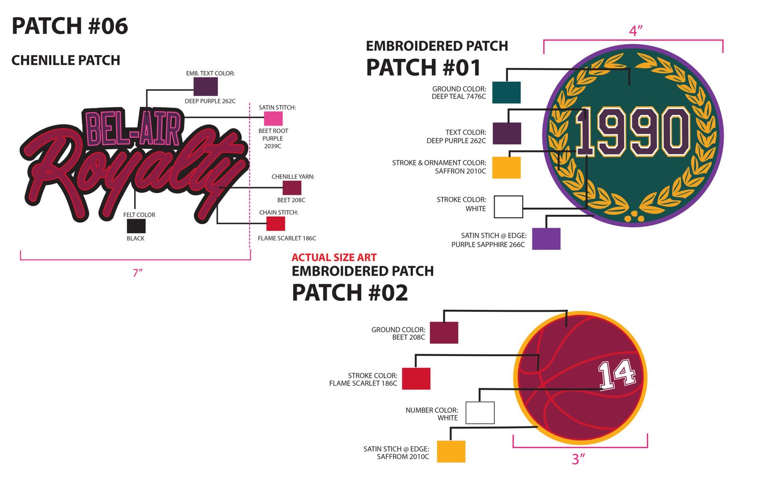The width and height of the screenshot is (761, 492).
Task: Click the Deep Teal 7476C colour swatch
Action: (x=506, y=92)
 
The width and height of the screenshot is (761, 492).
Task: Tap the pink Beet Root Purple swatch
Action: (x=273, y=118)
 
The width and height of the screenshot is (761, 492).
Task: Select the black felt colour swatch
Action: (x=136, y=226)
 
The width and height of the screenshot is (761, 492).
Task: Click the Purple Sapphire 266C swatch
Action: (x=546, y=239)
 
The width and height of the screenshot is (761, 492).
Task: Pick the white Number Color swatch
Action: (x=480, y=413)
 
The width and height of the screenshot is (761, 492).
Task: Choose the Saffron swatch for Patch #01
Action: (x=507, y=167)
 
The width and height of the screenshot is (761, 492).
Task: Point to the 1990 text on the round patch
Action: (x=633, y=131)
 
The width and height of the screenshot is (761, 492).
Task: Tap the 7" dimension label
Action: (x=137, y=273)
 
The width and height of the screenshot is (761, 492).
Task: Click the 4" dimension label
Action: (x=635, y=31)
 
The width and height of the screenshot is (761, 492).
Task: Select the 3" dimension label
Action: (x=578, y=459)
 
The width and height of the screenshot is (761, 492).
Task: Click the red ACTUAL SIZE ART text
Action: (x=334, y=257)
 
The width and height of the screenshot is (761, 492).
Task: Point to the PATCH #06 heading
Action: (x=69, y=26)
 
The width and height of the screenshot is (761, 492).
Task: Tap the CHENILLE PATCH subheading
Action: (x=66, y=60)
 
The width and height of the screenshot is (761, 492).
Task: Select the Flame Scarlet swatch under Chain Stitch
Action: (x=275, y=224)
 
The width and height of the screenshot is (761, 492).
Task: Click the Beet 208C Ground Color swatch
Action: (x=444, y=333)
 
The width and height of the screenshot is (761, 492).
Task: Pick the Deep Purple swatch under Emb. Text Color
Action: (x=205, y=87)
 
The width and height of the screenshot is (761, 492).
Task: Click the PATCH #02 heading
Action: (x=350, y=293)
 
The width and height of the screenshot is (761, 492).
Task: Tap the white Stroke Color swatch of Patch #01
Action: (x=508, y=207)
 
